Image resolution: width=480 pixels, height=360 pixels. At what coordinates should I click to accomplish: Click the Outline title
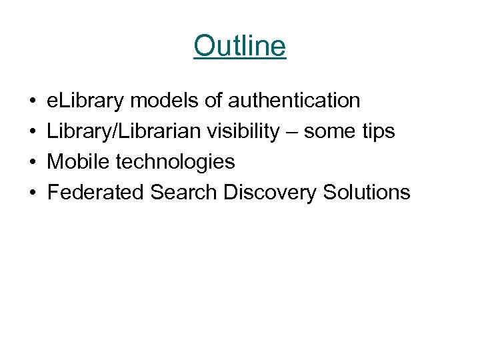240,46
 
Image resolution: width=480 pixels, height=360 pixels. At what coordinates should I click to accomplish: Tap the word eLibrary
85,101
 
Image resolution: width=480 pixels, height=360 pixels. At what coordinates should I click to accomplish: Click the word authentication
294,101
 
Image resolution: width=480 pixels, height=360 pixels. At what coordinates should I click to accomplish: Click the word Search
184,193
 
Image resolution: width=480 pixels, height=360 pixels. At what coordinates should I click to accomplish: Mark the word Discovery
270,193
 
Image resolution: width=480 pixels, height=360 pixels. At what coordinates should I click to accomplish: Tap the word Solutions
367,193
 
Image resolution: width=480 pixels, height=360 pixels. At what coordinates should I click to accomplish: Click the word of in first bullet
213,101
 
